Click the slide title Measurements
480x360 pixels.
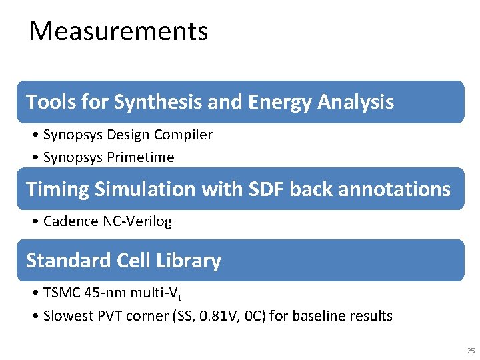[119, 31]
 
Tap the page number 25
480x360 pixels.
[471, 351]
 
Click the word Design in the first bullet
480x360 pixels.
[128, 135]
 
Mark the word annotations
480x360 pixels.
[395, 189]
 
